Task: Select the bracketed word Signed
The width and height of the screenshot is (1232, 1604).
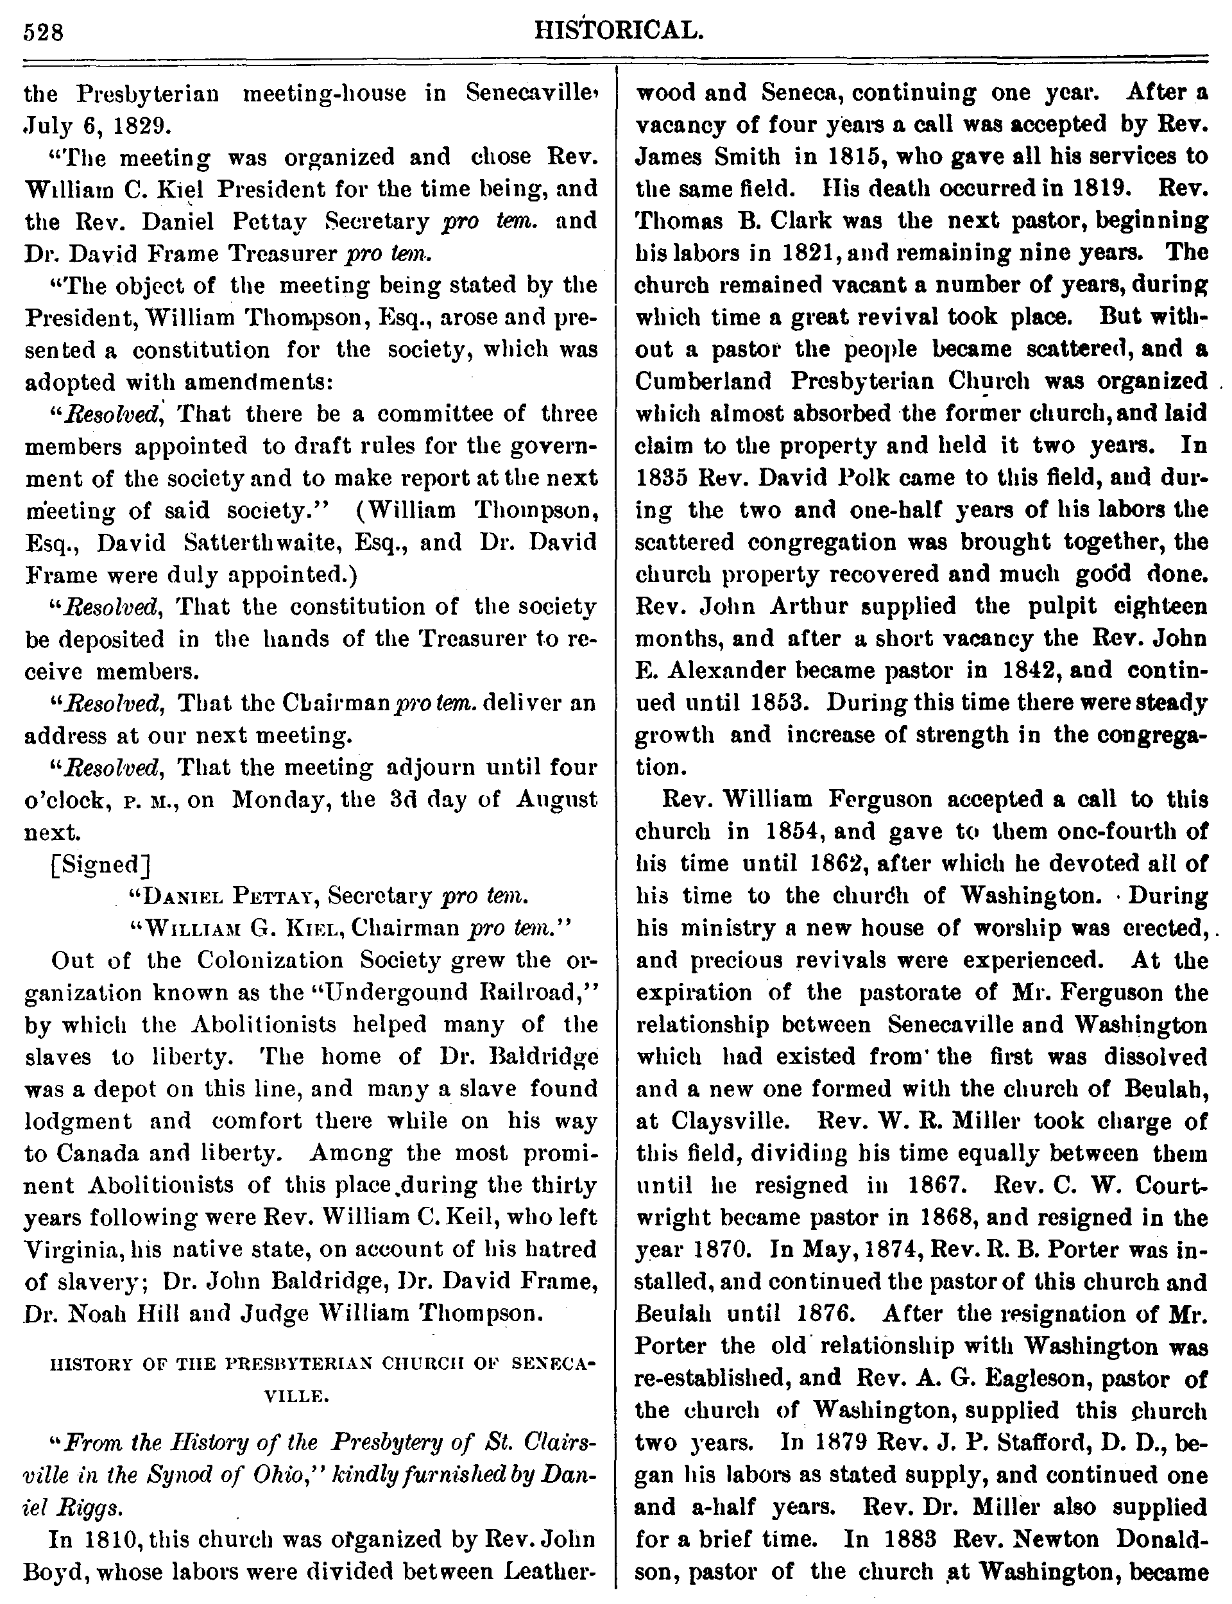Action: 98,864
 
